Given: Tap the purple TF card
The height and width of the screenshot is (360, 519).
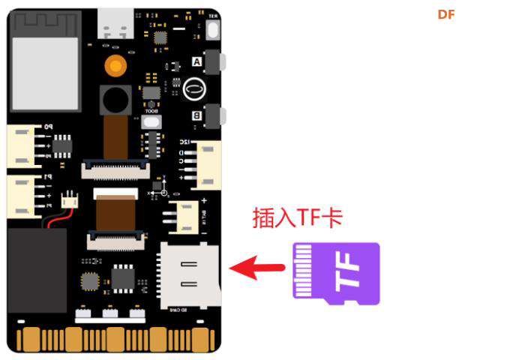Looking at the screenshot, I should [x=336, y=273].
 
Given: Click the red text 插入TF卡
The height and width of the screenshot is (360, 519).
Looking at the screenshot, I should [x=297, y=217].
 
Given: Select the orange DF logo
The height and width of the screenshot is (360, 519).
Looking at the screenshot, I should [x=446, y=15].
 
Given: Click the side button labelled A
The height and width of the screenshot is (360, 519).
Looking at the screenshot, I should [x=214, y=61].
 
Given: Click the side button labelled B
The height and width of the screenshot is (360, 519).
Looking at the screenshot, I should [x=214, y=115].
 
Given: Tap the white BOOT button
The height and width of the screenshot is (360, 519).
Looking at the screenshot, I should [x=152, y=121].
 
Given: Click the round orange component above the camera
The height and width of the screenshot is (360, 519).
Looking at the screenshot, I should [x=115, y=65].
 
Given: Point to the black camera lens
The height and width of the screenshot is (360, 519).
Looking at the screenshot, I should [x=115, y=99].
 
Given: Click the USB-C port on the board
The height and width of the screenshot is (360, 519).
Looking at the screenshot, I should [x=115, y=25].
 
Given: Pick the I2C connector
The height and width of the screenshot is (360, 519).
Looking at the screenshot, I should [x=207, y=165].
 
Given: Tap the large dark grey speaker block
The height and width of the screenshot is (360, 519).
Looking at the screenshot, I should [x=37, y=270].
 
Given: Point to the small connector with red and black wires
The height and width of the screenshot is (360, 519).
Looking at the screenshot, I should [x=70, y=200].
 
